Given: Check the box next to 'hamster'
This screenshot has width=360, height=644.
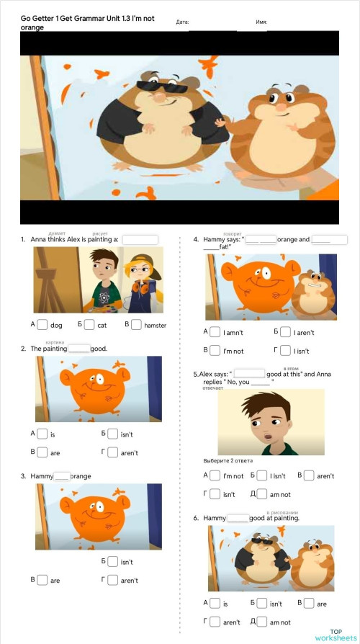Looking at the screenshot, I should [136, 325].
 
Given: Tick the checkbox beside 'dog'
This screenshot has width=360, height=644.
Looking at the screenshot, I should [42, 325].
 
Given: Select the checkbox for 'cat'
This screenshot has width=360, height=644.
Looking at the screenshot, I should [89, 325].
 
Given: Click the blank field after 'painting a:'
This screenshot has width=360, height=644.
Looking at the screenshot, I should [140, 240].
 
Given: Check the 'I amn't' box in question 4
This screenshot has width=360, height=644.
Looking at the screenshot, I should [215, 332].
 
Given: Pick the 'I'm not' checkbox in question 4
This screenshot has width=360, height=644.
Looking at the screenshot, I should [215, 351].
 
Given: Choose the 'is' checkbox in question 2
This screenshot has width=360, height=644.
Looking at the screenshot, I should [42, 434].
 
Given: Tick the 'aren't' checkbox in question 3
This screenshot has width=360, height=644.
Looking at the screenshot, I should [112, 580].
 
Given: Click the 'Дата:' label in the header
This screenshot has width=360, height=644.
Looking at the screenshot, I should [182, 22].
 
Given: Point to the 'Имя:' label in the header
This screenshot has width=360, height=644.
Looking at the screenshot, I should [261, 22].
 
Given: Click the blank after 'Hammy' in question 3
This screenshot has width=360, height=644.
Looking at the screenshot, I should [62, 476].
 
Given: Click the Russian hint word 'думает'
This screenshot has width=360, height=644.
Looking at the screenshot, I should [57, 233].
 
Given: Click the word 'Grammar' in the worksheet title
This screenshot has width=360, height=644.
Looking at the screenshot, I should [99, 18].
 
